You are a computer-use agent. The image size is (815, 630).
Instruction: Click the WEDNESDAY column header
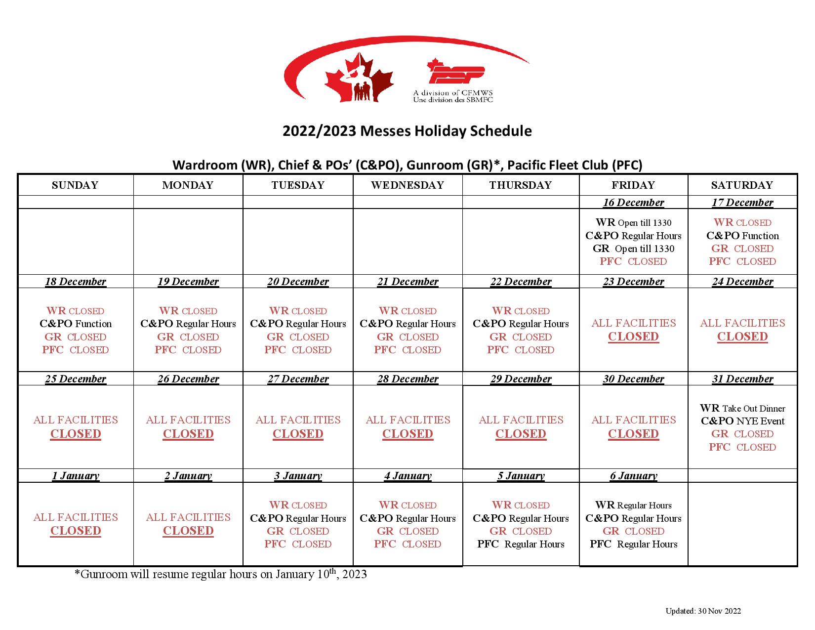[407, 185]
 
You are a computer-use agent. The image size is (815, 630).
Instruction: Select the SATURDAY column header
[742, 185]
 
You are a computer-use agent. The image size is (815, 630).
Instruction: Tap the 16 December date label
[633, 203]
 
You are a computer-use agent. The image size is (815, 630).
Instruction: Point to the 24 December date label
[742, 282]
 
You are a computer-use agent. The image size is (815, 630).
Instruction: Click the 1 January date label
[76, 476]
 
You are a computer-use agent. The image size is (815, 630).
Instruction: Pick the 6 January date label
[633, 476]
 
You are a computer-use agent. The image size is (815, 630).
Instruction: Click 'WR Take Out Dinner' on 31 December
[742, 409]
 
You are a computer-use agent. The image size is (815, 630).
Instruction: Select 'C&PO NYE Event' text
[742, 421]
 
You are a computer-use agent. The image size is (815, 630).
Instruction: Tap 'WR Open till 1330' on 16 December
[633, 223]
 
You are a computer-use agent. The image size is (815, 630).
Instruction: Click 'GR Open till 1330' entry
[633, 249]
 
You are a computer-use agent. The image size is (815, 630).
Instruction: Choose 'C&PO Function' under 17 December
[742, 236]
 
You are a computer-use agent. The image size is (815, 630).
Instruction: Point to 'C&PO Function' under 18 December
[76, 324]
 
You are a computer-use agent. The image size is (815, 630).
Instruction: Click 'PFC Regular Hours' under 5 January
[521, 545]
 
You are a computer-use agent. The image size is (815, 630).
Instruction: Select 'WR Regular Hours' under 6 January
[633, 505]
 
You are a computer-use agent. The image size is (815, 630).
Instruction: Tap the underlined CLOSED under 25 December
[76, 434]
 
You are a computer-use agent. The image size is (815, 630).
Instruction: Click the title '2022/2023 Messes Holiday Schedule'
[407, 131]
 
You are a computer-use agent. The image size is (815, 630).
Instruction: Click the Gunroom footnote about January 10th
[220, 574]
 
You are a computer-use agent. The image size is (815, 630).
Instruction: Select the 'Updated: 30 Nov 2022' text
[703, 611]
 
